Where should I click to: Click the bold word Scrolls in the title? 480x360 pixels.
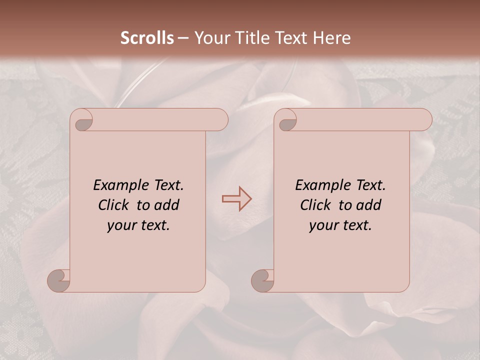coord(147,38)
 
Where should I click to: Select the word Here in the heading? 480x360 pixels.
coord(331,38)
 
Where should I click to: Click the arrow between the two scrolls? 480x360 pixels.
coord(236,198)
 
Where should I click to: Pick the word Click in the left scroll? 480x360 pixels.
coord(114,205)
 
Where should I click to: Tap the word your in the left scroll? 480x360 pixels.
coord(120,226)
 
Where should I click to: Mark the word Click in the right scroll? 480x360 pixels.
coord(316,205)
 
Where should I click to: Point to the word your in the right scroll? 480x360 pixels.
coord(322,226)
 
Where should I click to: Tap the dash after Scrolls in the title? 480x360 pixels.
coord(183,38)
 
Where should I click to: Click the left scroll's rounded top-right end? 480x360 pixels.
coord(220,120)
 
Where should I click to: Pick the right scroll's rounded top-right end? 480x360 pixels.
coord(424,120)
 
